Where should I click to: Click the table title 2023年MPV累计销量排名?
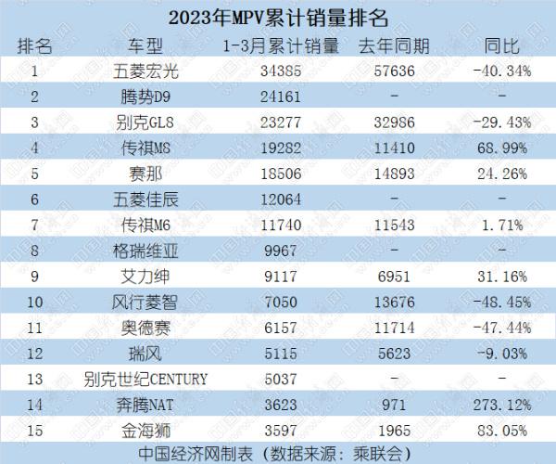pyautogui.click(x=278, y=17)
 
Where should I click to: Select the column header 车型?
pyautogui.click(x=145, y=44)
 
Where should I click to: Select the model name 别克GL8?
pyautogui.click(x=145, y=121)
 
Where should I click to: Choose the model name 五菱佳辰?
pyautogui.click(x=145, y=198)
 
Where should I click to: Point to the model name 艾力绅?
pyautogui.click(x=145, y=276)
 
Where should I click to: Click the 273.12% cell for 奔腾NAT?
pyautogui.click(x=500, y=405)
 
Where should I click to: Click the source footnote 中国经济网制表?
pyautogui.click(x=205, y=454)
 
